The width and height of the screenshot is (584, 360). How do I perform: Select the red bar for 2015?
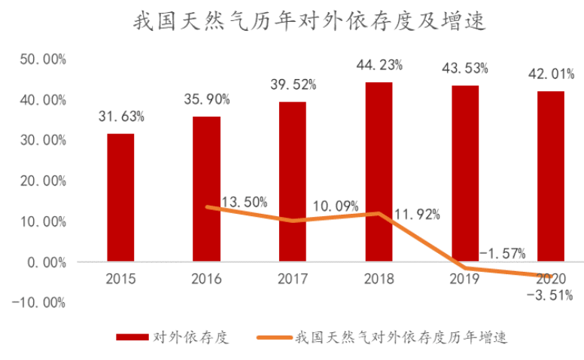click(120, 197)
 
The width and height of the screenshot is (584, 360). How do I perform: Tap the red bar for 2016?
click(206, 189)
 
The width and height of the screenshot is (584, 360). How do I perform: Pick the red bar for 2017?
click(292, 182)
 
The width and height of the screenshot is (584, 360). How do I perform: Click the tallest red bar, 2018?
click(379, 172)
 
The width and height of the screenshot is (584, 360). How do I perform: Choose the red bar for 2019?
click(464, 173)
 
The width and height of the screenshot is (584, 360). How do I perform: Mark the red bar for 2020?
click(550, 176)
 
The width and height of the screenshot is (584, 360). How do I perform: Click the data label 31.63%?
click(121, 117)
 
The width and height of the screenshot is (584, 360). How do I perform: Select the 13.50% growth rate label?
click(245, 202)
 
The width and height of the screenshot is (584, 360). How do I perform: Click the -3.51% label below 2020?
click(550, 294)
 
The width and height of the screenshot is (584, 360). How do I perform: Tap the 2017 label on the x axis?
click(292, 279)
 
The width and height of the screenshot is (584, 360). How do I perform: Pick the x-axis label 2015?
click(120, 279)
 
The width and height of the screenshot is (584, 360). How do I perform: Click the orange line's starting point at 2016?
click(206, 207)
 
